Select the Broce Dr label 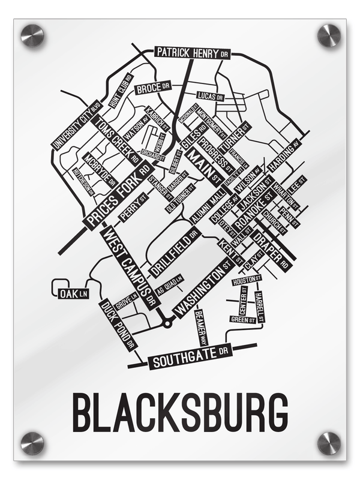click(x=150, y=89)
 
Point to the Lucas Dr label click(x=211, y=96)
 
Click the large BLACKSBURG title click(x=180, y=412)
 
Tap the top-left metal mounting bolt click(x=32, y=35)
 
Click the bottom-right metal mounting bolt click(x=328, y=443)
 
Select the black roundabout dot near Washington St click(x=167, y=323)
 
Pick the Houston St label click(x=247, y=280)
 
